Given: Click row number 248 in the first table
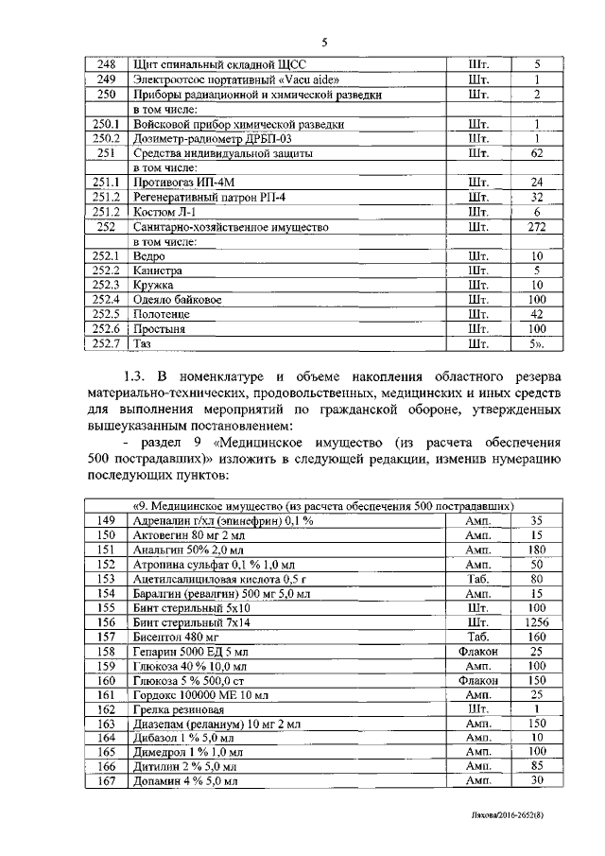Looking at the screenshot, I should click(107, 64).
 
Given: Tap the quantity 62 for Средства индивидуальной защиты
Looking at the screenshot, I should click(536, 152).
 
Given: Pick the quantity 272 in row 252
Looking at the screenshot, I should click(536, 227).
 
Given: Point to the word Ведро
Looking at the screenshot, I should click(151, 256).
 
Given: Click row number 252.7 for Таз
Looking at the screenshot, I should click(107, 343).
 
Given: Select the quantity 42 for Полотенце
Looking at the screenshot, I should click(536, 314).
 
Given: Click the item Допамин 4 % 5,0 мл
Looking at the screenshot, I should click(186, 781).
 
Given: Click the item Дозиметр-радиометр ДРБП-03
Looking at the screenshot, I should click(214, 138).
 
